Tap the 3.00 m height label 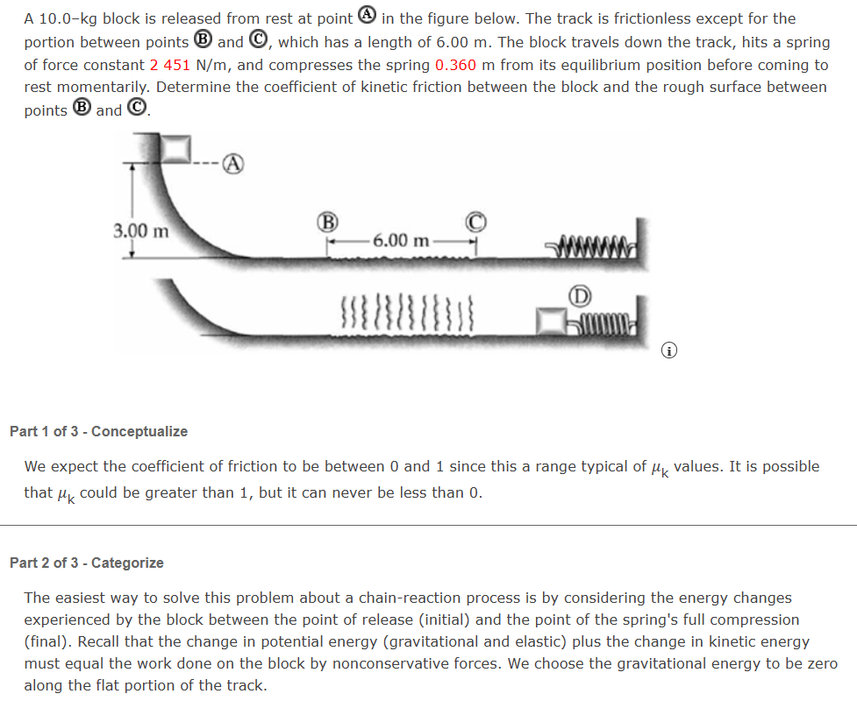pyautogui.click(x=140, y=231)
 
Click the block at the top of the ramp pyautogui.click(x=180, y=148)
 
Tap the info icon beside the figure pyautogui.click(x=670, y=352)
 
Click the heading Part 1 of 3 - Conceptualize pyautogui.click(x=98, y=431)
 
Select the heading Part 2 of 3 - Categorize pyautogui.click(x=86, y=563)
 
